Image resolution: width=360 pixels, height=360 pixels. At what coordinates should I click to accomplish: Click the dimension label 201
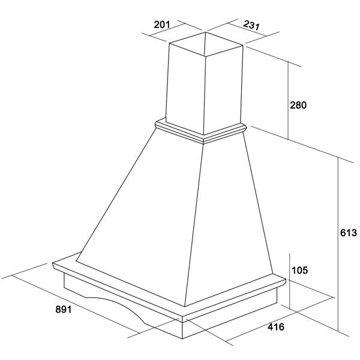[x=162, y=25]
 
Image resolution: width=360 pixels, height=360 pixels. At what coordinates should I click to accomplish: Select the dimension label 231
[x=251, y=25]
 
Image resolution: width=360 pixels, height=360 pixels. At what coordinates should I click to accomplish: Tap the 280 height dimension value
[x=298, y=105]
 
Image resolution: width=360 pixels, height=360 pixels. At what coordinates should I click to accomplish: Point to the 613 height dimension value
[x=349, y=233]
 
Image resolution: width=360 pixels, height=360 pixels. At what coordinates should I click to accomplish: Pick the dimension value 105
[x=299, y=270]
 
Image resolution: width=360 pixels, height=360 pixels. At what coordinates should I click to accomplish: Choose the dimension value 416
[x=276, y=327]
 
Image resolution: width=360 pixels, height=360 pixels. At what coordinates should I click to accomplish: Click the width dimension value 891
[x=64, y=310]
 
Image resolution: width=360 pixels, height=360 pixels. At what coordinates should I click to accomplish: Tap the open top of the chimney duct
[x=206, y=44]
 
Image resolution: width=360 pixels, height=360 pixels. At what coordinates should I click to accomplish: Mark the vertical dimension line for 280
[x=289, y=100]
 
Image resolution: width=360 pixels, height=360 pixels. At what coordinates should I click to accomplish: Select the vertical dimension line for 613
[x=338, y=244]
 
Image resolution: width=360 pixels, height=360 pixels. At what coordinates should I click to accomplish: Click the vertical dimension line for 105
[x=290, y=281]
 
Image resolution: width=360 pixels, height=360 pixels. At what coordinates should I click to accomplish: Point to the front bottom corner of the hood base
[x=182, y=338]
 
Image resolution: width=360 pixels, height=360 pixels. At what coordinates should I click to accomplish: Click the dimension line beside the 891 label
[x=76, y=304]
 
